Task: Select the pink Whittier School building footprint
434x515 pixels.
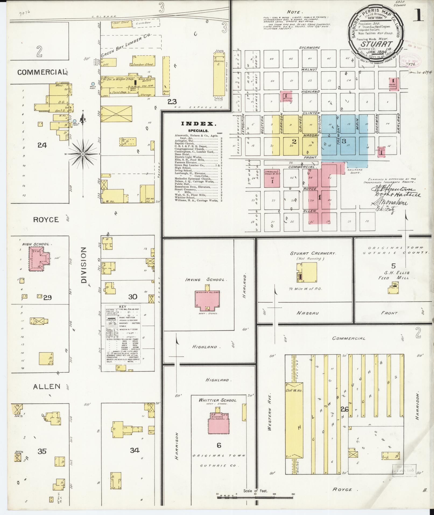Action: [218, 424]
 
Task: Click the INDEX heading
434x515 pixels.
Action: [199, 124]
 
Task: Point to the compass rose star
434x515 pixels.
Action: [83, 154]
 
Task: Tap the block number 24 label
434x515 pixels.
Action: [42, 145]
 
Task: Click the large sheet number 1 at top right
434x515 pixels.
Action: [418, 16]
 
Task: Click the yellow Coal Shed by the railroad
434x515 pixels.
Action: [122, 24]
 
